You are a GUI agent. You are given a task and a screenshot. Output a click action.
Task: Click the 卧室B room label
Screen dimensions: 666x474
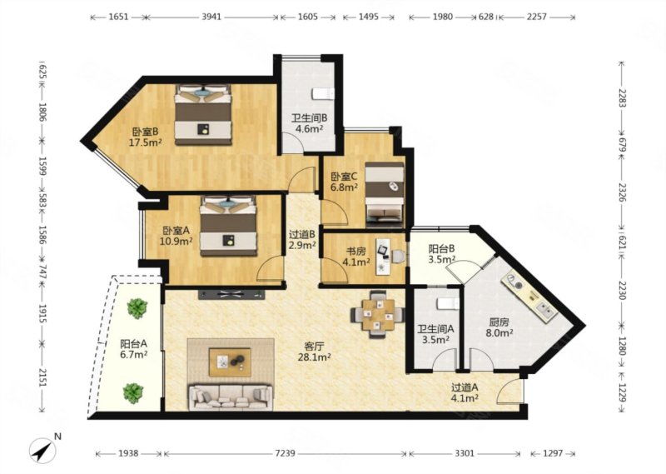tap(145, 132)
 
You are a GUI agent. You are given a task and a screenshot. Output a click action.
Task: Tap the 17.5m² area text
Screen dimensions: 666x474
tap(145, 142)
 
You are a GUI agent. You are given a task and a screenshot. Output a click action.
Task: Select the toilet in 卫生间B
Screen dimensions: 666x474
tap(324, 93)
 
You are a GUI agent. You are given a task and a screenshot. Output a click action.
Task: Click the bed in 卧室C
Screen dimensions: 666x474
tap(385, 192)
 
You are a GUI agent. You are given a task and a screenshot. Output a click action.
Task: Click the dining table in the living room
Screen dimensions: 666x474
tap(378, 315)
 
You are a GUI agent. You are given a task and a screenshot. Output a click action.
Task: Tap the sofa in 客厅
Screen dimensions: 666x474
tap(231, 397)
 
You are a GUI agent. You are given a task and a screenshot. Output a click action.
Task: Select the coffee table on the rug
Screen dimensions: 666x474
tap(230, 362)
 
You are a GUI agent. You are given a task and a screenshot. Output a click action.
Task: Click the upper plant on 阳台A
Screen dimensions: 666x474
tap(137, 308)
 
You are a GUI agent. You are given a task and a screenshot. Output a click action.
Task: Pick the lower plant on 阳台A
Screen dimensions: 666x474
tap(133, 393)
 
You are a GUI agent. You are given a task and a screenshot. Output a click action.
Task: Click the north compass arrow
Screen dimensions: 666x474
tap(43, 450)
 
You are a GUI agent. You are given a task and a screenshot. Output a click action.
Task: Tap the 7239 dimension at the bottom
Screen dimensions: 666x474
tap(285, 454)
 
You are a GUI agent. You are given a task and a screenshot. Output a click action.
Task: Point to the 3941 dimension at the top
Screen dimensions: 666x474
tap(211, 17)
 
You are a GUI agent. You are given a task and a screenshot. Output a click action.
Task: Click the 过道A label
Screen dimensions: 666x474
tap(465, 387)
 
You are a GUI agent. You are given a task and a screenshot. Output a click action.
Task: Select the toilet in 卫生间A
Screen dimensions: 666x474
tap(448, 303)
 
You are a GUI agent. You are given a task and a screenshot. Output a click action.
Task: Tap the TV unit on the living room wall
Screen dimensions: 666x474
tap(231, 294)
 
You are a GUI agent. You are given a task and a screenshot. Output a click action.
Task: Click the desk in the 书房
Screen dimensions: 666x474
tap(384, 256)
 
